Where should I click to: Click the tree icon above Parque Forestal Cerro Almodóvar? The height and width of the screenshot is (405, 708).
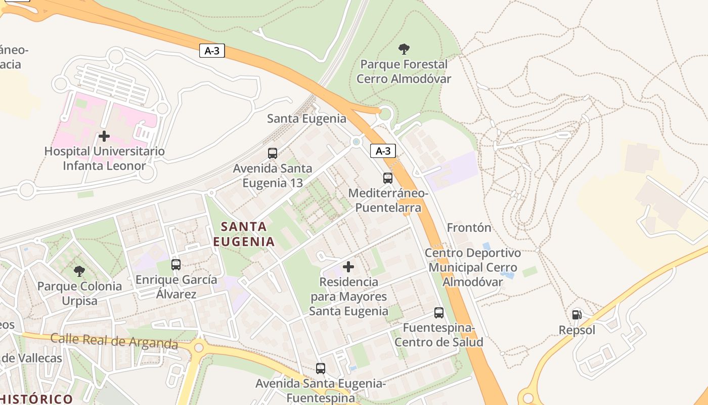pos(404,49)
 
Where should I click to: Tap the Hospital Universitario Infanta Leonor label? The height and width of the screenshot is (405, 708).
pos(104,158)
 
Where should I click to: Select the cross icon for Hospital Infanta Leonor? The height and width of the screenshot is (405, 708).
pos(104,136)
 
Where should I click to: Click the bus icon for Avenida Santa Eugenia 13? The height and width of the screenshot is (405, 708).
pos(273,153)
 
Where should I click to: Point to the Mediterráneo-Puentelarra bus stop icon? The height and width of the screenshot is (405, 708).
pos(388,178)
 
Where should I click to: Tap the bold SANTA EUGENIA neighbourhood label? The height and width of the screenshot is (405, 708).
pos(244,234)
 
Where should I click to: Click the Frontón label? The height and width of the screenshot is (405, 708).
pos(469,228)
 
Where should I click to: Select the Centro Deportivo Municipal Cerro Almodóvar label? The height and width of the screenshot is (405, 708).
pos(473,267)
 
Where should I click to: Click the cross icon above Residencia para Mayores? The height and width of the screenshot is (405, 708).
pos(348,266)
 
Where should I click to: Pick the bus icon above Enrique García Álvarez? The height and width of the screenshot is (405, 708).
pos(176,264)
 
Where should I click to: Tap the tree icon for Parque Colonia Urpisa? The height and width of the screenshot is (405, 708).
pos(79,271)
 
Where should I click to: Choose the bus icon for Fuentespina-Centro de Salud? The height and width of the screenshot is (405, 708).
pos(439,313)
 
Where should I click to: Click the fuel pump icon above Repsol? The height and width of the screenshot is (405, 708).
pos(577,315)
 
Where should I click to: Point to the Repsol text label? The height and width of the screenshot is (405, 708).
pos(577,331)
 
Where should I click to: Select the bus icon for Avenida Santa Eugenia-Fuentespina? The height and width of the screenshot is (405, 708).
pos(321,369)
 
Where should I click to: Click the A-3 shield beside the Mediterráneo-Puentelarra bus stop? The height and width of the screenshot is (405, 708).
pos(383,151)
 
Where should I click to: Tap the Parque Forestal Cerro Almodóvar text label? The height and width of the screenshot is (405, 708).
pos(404,71)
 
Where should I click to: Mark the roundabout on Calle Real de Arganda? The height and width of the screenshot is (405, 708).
pos(198,347)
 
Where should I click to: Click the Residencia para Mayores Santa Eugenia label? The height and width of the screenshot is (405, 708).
pos(348,296)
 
